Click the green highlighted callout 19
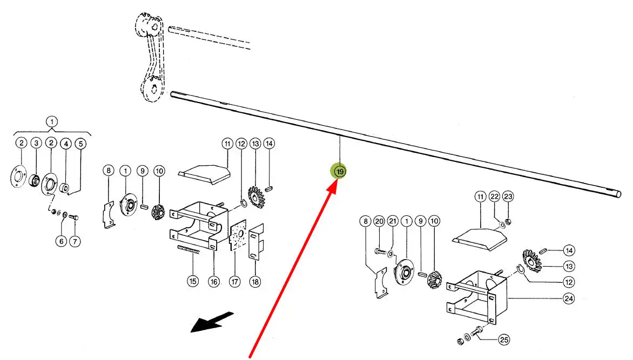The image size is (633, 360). [x=339, y=172]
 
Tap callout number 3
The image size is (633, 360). [x=36, y=143]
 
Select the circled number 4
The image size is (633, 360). [x=65, y=144]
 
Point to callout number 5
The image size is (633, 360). [x=80, y=144]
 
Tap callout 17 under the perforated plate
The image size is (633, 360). [x=235, y=281]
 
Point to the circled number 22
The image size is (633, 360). [x=494, y=196]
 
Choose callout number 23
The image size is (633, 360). [x=508, y=196]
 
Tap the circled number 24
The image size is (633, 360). [x=568, y=297]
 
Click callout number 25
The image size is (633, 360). [x=503, y=339]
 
